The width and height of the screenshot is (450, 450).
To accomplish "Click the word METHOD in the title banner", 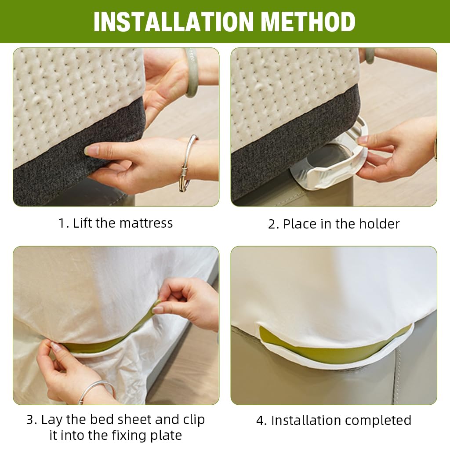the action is tap(308, 22).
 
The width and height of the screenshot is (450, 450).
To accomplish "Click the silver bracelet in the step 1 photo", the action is tap(186, 163).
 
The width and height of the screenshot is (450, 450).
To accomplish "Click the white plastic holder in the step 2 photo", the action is tap(333, 161).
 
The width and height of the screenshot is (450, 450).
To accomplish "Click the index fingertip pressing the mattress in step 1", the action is tap(88, 150).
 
